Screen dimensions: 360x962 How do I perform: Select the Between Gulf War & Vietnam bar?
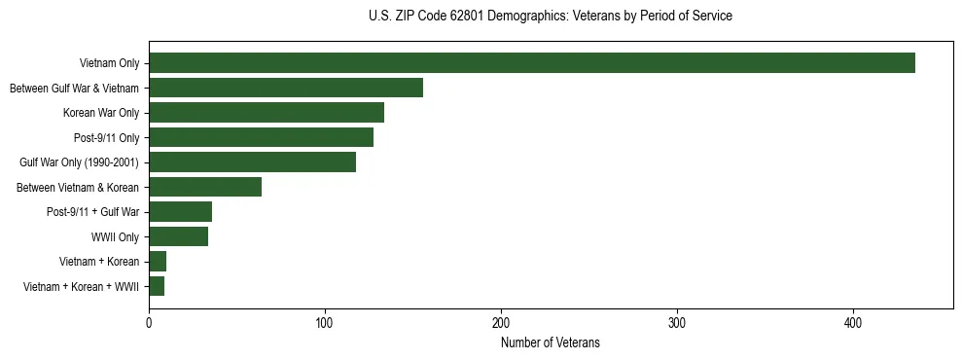(x=286, y=88)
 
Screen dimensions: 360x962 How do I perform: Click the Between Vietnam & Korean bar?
(x=205, y=187)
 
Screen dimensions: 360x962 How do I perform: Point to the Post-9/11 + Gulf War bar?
(x=180, y=212)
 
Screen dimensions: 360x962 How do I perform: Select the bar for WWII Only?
(x=178, y=236)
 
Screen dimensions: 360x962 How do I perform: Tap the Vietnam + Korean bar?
(x=158, y=262)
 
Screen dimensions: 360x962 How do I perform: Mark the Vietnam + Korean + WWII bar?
(x=157, y=286)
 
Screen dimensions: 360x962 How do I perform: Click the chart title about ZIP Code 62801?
(x=551, y=17)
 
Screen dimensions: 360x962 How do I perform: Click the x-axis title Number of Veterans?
(x=551, y=343)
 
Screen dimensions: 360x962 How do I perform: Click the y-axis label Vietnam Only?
(x=109, y=63)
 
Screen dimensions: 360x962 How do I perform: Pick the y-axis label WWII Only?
(x=115, y=236)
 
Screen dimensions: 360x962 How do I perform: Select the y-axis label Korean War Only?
(x=101, y=113)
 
